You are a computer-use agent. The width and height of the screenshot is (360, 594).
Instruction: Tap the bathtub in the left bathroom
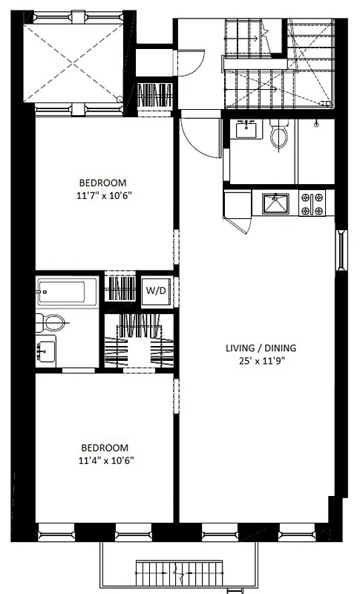point(68,291)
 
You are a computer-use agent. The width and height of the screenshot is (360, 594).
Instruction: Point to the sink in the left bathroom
point(46,348)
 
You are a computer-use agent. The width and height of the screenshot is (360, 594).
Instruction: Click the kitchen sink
point(275,203)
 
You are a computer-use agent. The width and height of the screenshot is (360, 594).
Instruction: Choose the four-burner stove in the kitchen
point(312,203)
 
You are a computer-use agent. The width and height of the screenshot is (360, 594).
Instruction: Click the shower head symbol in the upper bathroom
point(317,123)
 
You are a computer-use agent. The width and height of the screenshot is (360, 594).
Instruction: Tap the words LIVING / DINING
point(261,347)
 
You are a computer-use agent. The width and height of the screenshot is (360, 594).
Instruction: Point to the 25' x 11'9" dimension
point(261,361)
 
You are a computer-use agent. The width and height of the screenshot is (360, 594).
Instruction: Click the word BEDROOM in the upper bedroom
point(104,183)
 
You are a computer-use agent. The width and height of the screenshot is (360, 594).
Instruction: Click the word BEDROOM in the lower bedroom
point(104,448)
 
